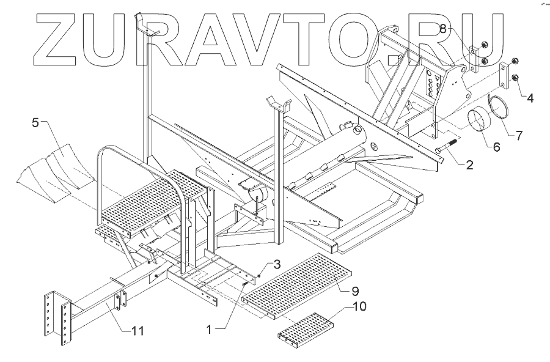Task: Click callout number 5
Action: pyautogui.click(x=35, y=122)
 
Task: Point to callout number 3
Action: pyautogui.click(x=276, y=264)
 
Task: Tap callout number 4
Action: pyautogui.click(x=530, y=97)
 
